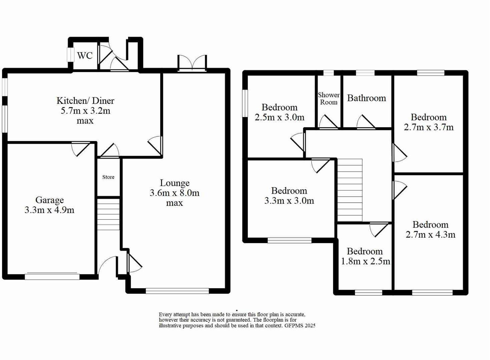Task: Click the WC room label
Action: pos(85,55)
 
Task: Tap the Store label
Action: pos(108,177)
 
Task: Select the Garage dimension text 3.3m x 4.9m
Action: pos(49,210)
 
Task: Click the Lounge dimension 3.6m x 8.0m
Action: pos(174,193)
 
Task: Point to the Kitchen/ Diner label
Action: pos(85,101)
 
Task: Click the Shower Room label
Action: pos(329,99)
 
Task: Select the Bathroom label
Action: pos(366,98)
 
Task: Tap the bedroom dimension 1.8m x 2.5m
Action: pos(365,261)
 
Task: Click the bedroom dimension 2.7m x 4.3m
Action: pos(430,235)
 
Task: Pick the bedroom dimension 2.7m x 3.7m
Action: pos(429,127)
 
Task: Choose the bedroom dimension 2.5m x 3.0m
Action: pos(280,117)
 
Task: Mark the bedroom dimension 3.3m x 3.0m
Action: pos(289,201)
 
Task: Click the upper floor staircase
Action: pos(350,190)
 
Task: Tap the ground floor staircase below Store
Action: pos(108,214)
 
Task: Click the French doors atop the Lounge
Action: pos(192,63)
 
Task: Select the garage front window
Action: pos(52,276)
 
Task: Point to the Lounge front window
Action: pos(177,291)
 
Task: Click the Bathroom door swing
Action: pos(366,122)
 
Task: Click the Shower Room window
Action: pos(329,73)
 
